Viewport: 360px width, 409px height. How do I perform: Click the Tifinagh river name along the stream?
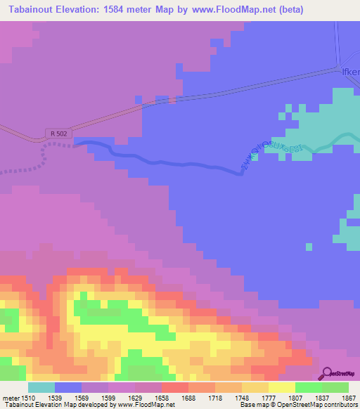[271, 150]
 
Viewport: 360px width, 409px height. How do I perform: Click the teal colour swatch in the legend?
[41, 387]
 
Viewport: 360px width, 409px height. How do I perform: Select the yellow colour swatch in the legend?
[281, 387]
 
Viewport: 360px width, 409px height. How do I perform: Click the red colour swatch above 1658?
[174, 387]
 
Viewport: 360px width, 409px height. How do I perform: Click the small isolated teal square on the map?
[308, 246]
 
